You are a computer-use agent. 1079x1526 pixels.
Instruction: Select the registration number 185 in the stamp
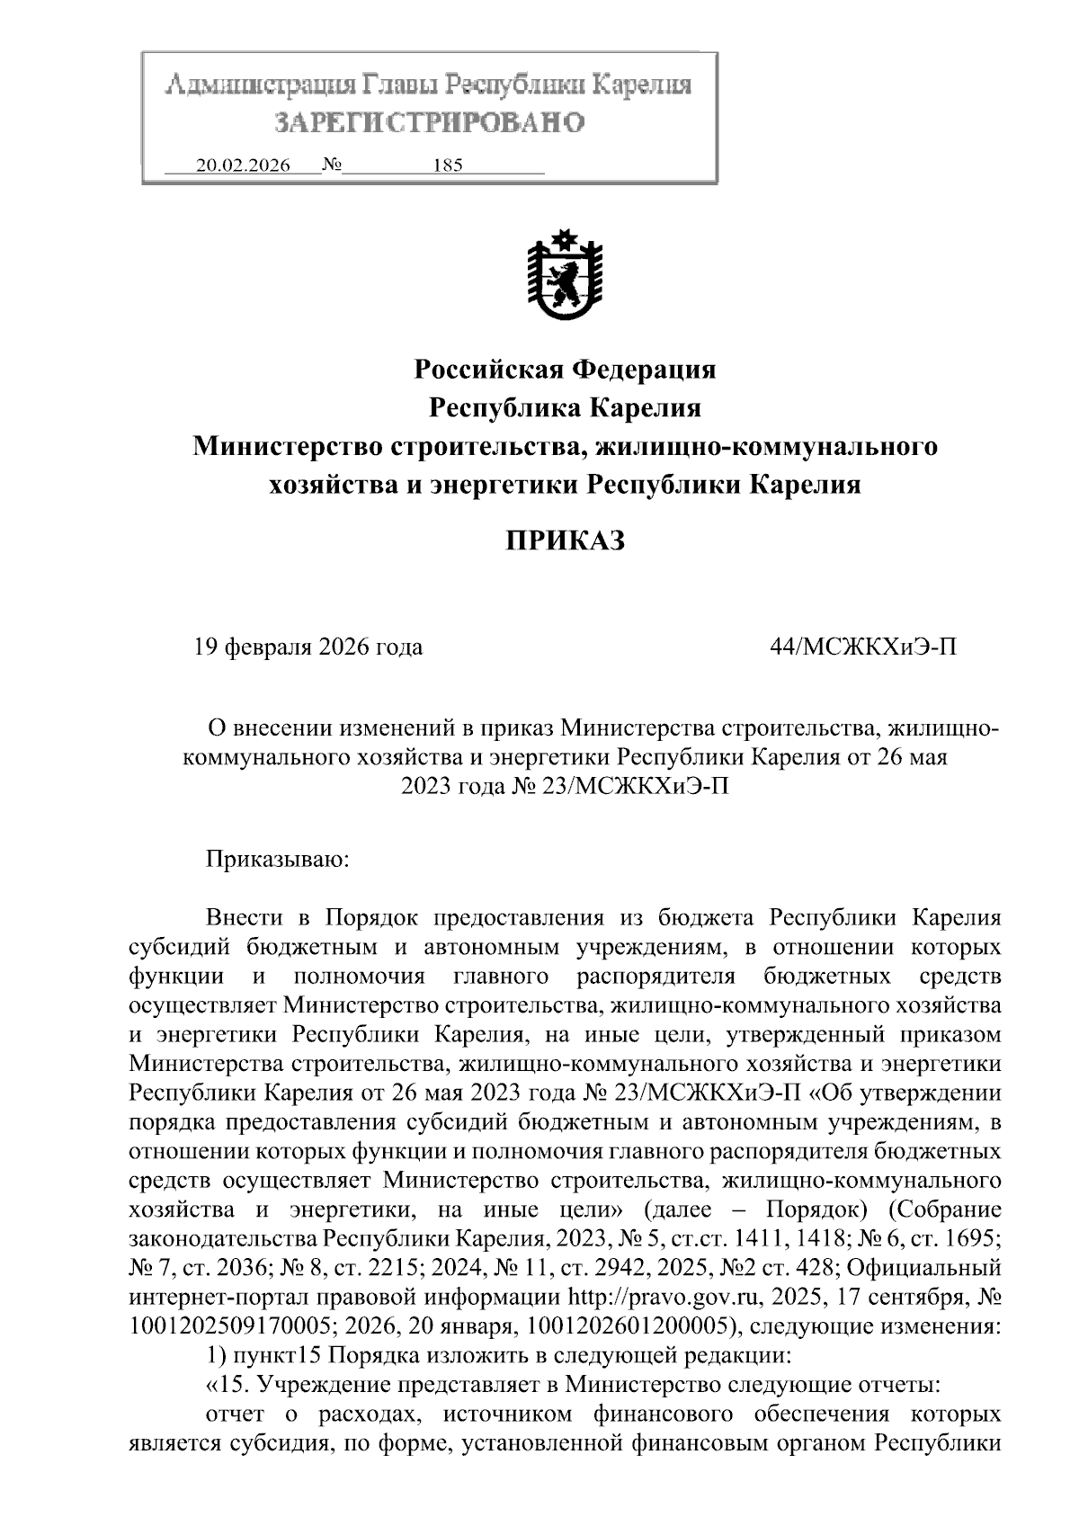447,165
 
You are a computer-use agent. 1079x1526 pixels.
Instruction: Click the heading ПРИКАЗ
564,541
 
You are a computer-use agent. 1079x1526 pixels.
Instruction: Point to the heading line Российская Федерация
564,369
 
